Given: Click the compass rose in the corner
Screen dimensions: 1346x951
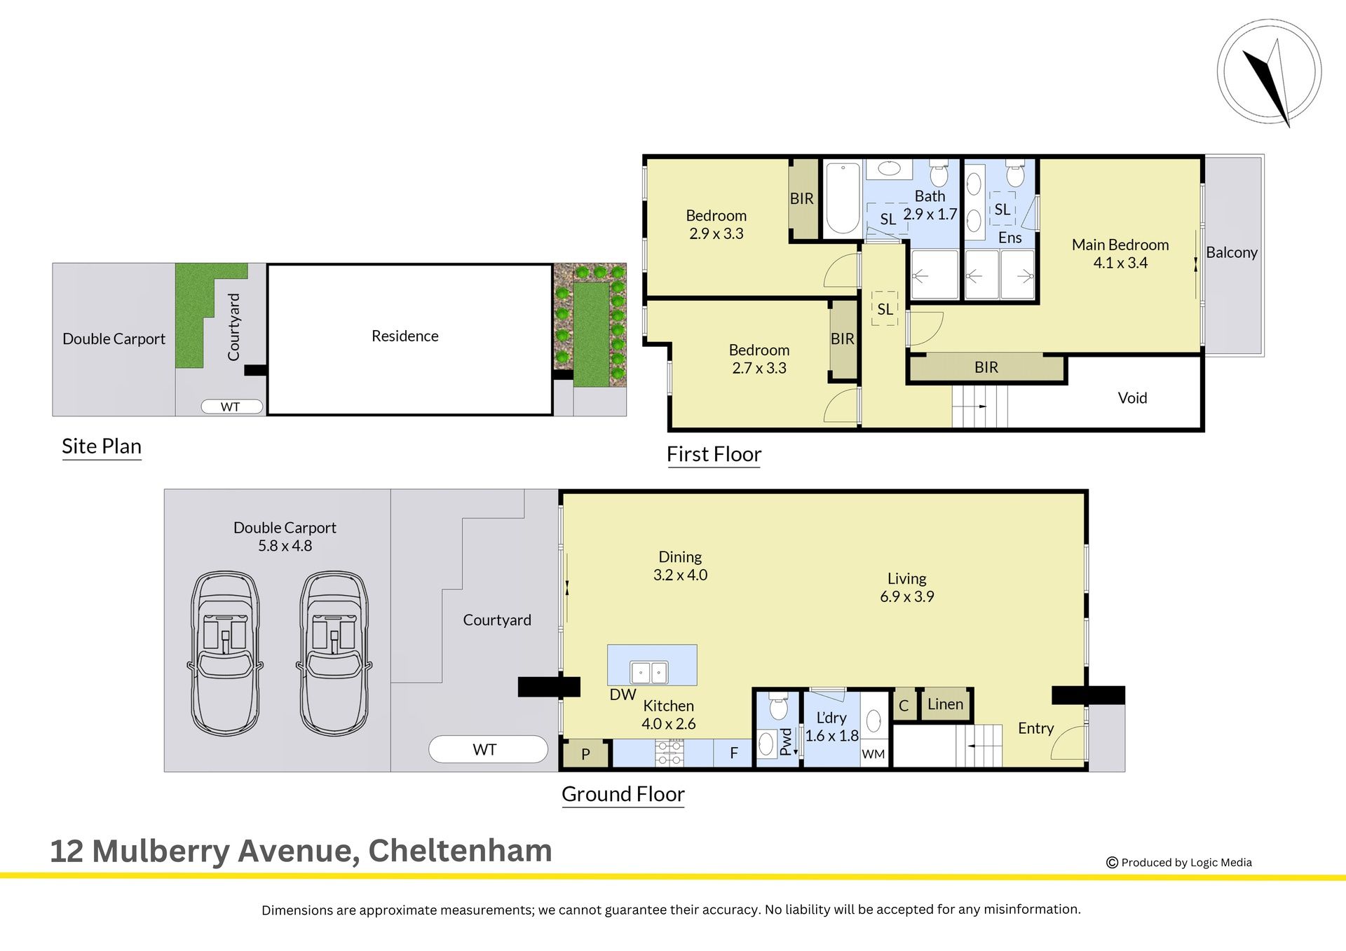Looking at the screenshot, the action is coord(1269,71).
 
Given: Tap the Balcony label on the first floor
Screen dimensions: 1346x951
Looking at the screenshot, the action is coord(1231,252).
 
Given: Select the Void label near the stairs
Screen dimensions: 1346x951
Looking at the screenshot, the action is coord(1132,398).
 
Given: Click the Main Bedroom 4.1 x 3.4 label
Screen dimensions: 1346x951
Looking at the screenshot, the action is coord(1120,254).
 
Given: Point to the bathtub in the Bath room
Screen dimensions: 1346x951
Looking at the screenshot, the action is coord(843,198).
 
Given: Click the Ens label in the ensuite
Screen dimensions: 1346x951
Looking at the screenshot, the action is coord(1009,238).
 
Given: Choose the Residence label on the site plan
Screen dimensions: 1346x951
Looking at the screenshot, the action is coord(405,336).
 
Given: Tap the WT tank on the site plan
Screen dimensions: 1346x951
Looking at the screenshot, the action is coord(231,406).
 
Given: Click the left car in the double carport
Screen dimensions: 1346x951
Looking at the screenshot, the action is coord(224,653).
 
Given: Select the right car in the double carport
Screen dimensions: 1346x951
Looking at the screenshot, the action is coord(334,653).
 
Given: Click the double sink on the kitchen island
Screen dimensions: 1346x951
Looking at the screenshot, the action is coord(649,672).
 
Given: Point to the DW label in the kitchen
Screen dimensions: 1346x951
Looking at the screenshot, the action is coord(623,695).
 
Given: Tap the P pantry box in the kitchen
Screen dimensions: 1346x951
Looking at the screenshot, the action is coord(585,754).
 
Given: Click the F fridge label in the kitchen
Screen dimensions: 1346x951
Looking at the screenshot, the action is coord(734,753).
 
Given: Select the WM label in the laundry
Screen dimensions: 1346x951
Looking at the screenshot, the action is coord(873,754).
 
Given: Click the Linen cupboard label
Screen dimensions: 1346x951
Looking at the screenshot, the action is coord(945,704).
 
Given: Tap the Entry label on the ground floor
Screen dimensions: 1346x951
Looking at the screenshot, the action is coord(1035,729).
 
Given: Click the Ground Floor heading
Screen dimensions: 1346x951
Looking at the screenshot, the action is coord(623,794).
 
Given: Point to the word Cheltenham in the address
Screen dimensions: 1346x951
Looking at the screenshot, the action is coord(460,851).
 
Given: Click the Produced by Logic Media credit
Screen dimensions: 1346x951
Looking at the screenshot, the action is coord(1179,863).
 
